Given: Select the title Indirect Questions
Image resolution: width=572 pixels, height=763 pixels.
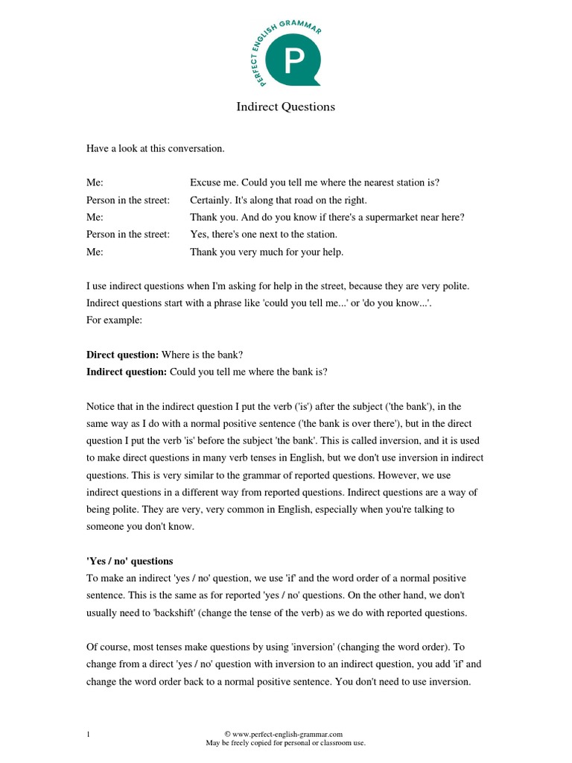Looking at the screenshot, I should pos(285,107).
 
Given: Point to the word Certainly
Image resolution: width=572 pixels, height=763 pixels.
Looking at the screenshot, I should pos(211,200).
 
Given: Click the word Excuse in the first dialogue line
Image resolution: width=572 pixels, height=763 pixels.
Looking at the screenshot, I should pos(206,183).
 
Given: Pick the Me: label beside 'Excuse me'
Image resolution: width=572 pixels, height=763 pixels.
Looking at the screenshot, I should pos(95,183).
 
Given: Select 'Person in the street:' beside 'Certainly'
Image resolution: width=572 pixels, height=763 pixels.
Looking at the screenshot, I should pos(128,200).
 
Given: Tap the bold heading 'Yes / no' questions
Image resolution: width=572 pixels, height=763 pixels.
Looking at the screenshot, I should pos(130,561).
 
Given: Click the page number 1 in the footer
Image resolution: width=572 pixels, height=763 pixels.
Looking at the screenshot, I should pos(88,735).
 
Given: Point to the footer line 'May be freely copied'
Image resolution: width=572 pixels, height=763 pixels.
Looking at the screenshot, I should pos(285,743).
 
